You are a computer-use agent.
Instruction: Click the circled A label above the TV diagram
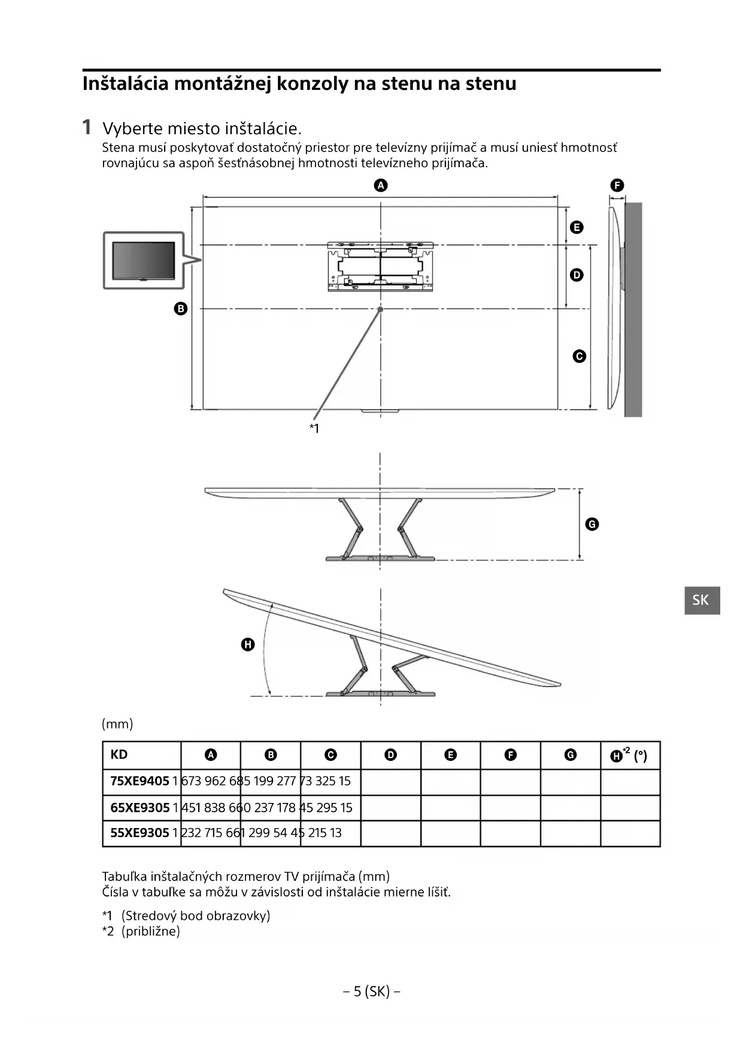tap(381, 185)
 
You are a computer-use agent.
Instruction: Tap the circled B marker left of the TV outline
tap(180, 309)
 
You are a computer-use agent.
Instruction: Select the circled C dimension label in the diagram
tap(579, 357)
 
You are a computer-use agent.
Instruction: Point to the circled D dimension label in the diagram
tap(577, 275)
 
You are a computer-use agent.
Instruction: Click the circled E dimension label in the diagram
tap(577, 227)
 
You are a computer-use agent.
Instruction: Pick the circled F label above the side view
tap(617, 185)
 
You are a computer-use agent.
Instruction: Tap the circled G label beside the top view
tap(592, 524)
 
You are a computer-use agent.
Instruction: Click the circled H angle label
tap(247, 645)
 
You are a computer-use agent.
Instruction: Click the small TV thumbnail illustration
tap(144, 261)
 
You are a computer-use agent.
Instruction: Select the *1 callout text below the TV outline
tap(314, 428)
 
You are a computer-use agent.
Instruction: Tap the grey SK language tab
tap(702, 600)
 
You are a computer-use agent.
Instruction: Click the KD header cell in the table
tap(119, 754)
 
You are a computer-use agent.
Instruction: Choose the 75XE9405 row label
tap(139, 781)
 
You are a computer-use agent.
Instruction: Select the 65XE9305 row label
tap(139, 808)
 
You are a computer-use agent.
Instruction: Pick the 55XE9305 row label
tap(139, 833)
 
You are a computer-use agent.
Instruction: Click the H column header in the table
tap(629, 755)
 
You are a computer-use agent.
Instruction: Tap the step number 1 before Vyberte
tap(87, 127)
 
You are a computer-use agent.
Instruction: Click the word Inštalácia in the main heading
tap(125, 83)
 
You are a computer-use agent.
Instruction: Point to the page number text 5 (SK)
tap(371, 991)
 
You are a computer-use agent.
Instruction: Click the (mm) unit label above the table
tap(117, 724)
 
